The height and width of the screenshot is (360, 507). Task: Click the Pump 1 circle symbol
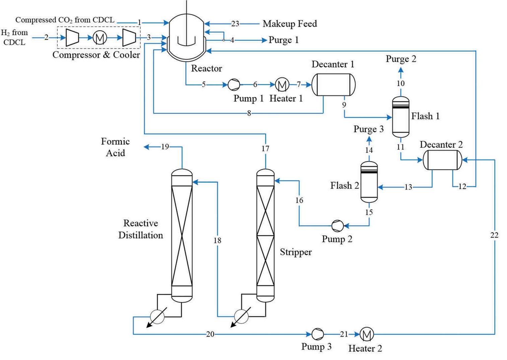point(234,85)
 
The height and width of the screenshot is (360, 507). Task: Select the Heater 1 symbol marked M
point(282,85)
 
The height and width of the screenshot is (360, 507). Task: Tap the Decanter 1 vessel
point(333,84)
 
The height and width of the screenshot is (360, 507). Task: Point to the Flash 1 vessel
point(401,117)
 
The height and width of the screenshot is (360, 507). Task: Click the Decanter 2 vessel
point(442,160)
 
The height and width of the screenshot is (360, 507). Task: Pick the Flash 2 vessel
point(369,182)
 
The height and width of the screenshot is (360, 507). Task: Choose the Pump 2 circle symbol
point(337,226)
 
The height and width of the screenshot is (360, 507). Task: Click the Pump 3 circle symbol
point(317,334)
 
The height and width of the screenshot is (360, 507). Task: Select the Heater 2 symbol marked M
point(367,334)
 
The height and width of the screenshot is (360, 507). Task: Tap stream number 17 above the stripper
point(265,148)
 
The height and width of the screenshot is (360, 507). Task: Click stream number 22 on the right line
point(494,235)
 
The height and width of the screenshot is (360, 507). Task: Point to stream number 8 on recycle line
point(249,113)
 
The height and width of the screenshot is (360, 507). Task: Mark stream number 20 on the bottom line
point(210,334)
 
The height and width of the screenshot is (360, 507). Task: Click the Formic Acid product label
point(115,147)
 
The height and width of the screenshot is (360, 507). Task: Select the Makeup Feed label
point(290,24)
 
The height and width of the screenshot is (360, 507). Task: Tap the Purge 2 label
point(401,59)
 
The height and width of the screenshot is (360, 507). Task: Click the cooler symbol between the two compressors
point(100,38)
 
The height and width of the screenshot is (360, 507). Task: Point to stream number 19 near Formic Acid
point(165,147)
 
